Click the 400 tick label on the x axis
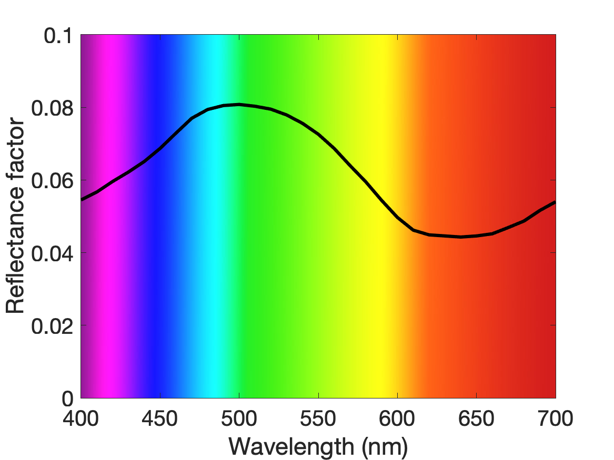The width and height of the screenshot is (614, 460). pos(80,418)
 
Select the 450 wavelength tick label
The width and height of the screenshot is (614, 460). pos(160,418)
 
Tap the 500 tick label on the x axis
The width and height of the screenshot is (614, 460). pos(239,418)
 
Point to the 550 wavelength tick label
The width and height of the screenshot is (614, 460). pos(318,418)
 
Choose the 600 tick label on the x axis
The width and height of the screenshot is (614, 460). pos(397,418)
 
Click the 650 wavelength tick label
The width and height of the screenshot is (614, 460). pos(476,418)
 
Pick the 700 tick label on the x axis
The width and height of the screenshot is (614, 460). pos(556,418)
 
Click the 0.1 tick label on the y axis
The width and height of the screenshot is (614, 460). pos(58,36)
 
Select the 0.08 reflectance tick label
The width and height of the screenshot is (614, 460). pos(53,108)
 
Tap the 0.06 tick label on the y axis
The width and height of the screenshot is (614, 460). pos(53,181)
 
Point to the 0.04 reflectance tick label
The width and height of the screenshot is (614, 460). pos(53,253)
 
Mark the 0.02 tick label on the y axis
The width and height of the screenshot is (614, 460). pos(53,326)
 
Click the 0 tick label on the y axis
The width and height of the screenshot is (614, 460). pos(68,398)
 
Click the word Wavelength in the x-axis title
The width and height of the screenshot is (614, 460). pos(291,446)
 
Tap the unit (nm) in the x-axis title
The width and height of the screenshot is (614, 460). pos(385,447)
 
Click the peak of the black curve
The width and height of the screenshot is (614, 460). pos(239,104)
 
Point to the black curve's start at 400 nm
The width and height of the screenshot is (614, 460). pos(82,199)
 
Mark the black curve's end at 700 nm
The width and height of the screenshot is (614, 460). pos(555,202)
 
